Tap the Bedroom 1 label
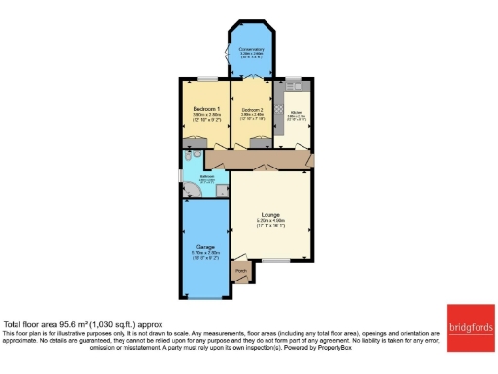pyautogui.click(x=205, y=107)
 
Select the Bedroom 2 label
pyautogui.click(x=253, y=110)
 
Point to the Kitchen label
pyautogui.click(x=297, y=113)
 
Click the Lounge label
pyautogui.click(x=270, y=214)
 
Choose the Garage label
pyautogui.click(x=204, y=246)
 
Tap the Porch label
pyautogui.click(x=240, y=272)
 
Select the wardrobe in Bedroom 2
pyautogui.click(x=260, y=142)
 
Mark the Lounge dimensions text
pyautogui.click(x=270, y=223)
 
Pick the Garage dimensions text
pyautogui.click(x=204, y=255)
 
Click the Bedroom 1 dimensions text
pyautogui.click(x=205, y=116)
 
